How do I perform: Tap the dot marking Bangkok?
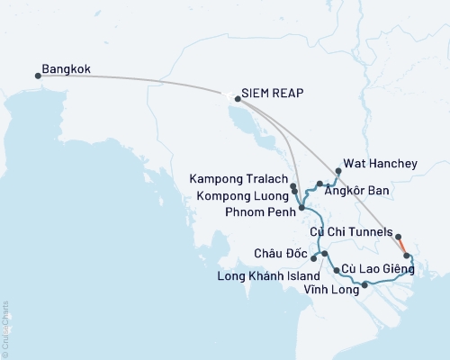pyautogui.click(x=38, y=76)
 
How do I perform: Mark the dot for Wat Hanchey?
pyautogui.click(x=337, y=170)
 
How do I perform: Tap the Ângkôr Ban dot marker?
pyautogui.click(x=320, y=184)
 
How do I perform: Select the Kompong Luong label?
pyautogui.click(x=247, y=193)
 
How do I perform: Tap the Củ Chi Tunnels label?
pyautogui.click(x=349, y=232)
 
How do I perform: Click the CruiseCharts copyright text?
pyautogui.click(x=6, y=327)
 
